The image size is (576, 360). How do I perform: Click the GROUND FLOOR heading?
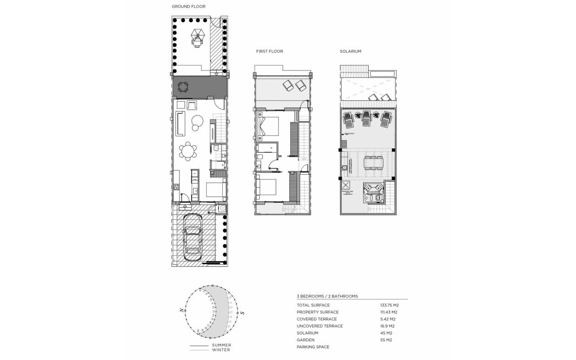(x=189, y=7)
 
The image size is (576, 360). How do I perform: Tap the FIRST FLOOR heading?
(x=270, y=51)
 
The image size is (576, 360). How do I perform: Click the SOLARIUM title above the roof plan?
(x=351, y=51)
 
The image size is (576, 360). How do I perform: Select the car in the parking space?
(x=194, y=234)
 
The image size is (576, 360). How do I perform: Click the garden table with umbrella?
(x=197, y=38)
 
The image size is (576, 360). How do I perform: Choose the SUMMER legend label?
(x=222, y=346)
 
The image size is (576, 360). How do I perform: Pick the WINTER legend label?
(x=221, y=350)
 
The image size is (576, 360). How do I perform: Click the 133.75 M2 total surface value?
(x=390, y=305)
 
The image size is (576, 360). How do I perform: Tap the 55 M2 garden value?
(x=386, y=340)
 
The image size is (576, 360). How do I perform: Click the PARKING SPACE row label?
(x=313, y=347)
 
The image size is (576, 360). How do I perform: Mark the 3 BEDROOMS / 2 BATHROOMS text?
(x=327, y=296)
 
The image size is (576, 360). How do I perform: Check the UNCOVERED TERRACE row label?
(x=319, y=326)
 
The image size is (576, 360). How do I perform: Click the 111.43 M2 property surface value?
(x=389, y=312)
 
